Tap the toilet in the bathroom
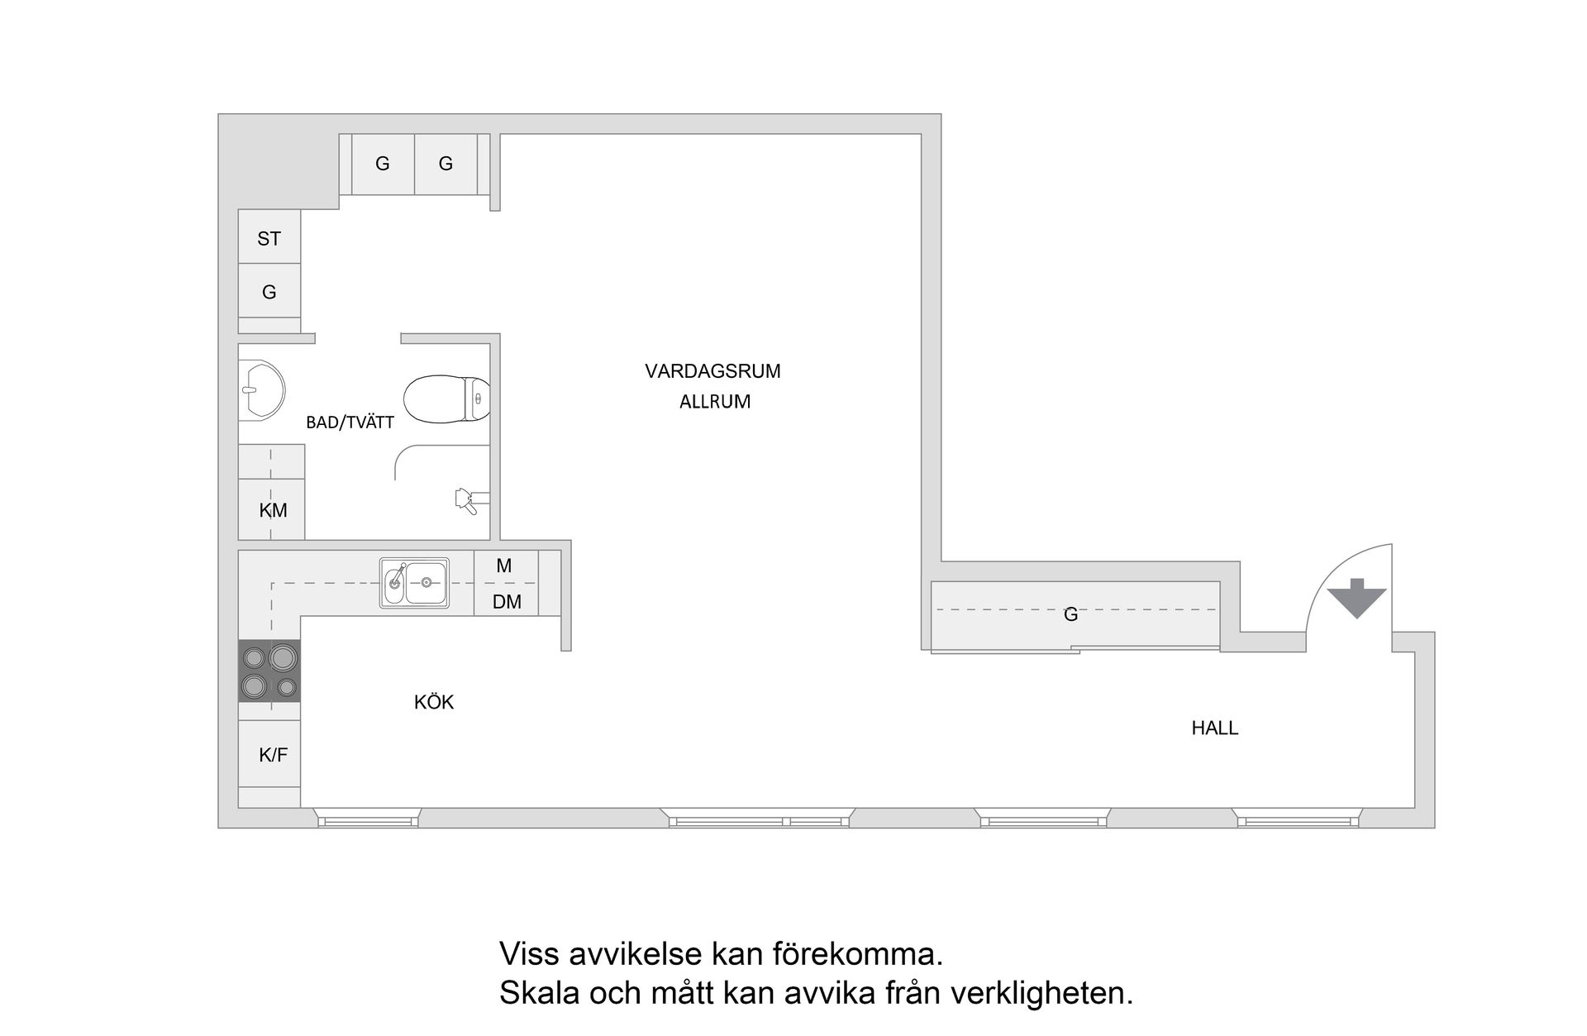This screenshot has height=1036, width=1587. click(x=446, y=399)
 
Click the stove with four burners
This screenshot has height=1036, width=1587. click(x=269, y=671)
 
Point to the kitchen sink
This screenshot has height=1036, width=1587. click(x=414, y=583)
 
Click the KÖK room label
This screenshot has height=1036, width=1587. click(x=434, y=703)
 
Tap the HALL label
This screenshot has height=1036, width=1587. click(x=1214, y=728)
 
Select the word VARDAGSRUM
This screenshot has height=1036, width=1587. click(x=712, y=371)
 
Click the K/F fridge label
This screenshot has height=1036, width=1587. click(x=273, y=755)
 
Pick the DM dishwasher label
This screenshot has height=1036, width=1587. click(x=507, y=602)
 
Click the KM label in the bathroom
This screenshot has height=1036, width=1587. click(x=273, y=511)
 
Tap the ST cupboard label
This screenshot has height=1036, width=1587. click(x=269, y=239)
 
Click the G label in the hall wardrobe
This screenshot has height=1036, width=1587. click(x=1070, y=614)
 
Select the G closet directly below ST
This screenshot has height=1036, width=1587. click(x=269, y=292)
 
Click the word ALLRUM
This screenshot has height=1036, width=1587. click(x=715, y=402)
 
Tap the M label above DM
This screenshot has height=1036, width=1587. click(x=504, y=566)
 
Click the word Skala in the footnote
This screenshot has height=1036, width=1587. click(x=539, y=993)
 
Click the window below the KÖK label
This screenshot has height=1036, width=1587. click(x=368, y=820)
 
